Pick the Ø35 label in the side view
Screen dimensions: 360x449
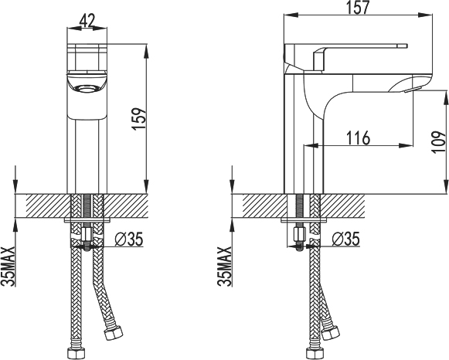(x=345, y=239)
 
